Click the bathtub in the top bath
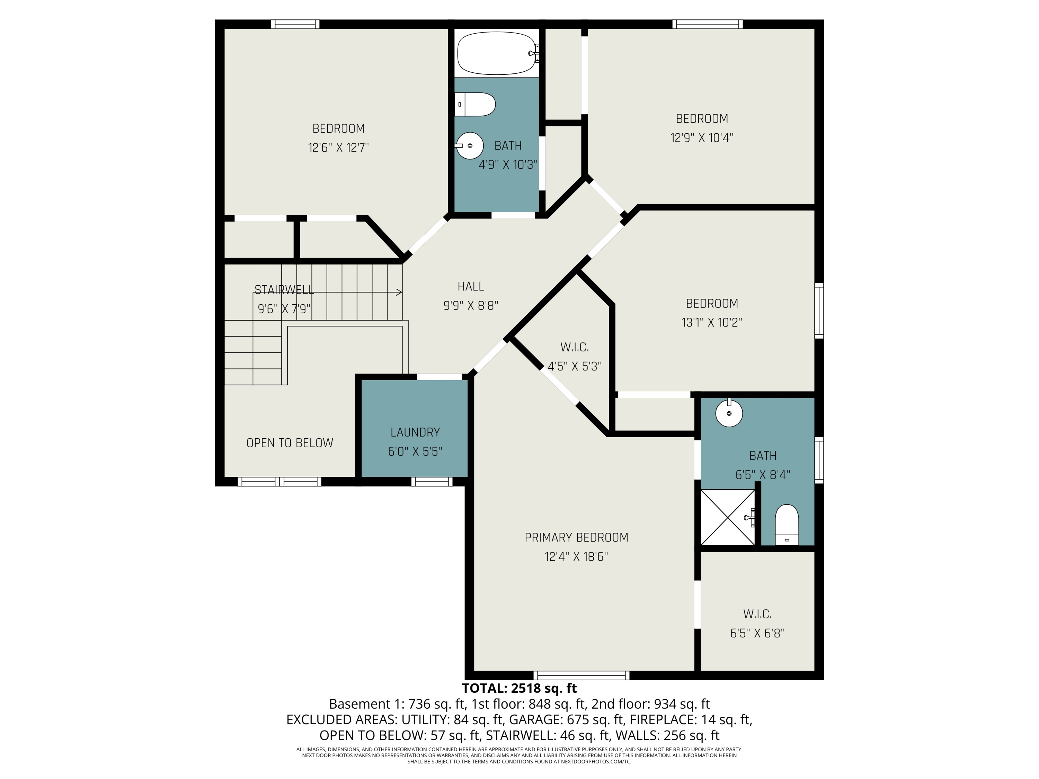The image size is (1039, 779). coord(497,53)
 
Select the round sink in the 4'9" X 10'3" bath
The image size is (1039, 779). coord(469,145)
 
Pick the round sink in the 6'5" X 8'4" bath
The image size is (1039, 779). coord(729,412)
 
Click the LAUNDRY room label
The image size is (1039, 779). coord(415,432)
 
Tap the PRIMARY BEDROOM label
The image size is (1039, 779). coord(576,537)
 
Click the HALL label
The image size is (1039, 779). coord(471,286)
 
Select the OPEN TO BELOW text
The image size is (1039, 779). coord(290,443)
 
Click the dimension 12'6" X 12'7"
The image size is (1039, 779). coord(338,147)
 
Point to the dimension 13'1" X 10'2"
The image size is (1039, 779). coord(712,322)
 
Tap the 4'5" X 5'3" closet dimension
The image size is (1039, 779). coord(575,366)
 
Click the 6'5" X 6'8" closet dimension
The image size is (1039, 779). coord(757,633)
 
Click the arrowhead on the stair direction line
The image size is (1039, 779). coord(399,292)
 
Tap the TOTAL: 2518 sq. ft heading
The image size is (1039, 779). coord(519,688)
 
